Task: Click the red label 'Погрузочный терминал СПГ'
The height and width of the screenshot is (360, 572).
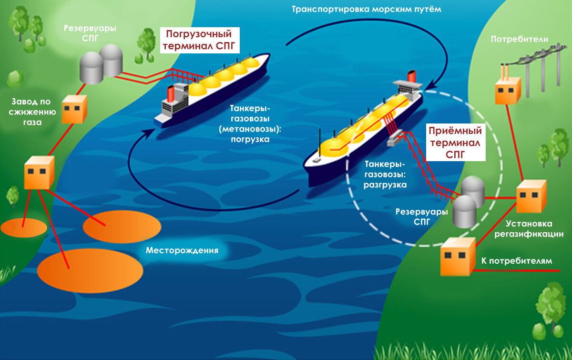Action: [198, 41]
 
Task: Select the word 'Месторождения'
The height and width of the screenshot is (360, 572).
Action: [182, 250]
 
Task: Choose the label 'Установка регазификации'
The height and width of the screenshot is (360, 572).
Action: [529, 228]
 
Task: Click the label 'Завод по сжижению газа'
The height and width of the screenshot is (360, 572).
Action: [34, 112]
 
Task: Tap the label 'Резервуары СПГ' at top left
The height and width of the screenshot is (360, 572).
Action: [90, 33]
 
